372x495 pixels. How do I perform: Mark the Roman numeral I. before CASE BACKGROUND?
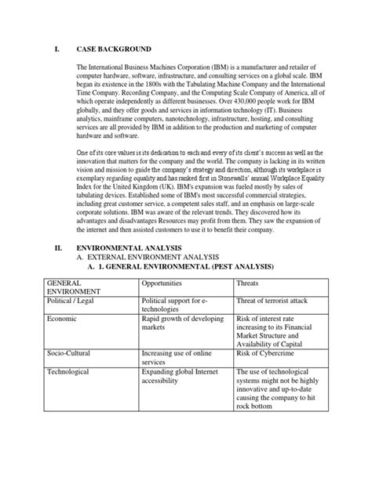point(57,48)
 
